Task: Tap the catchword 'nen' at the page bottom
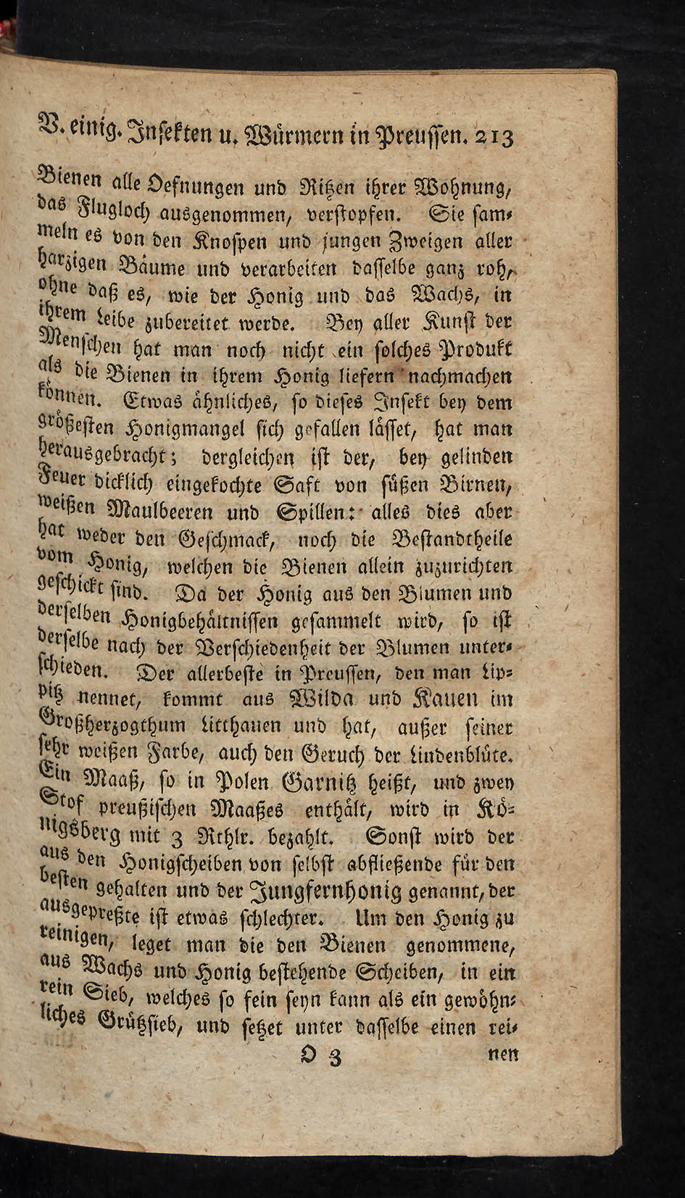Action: pos(502,1055)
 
